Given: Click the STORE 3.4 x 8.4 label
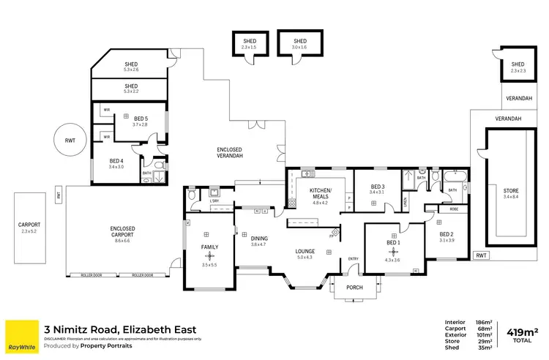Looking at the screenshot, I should point(510,192).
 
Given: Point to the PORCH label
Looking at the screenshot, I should point(356,287).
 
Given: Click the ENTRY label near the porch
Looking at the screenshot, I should point(354,258).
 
